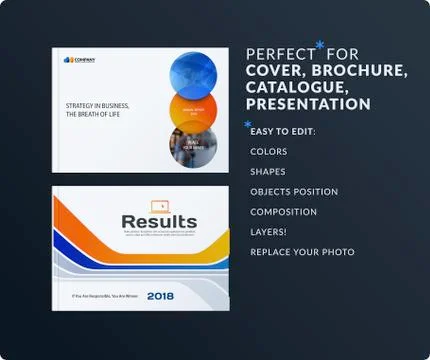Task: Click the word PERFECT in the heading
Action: pyautogui.click(x=277, y=55)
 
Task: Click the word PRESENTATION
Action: pyautogui.click(x=308, y=104)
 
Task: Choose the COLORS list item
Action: pyautogui.click(x=269, y=152)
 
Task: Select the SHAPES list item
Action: pyautogui.click(x=267, y=172)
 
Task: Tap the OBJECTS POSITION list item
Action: pyautogui.click(x=294, y=192)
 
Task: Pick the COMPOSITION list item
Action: pyautogui.click(x=283, y=212)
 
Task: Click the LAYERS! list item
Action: pyautogui.click(x=270, y=232)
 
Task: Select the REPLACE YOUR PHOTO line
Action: pyautogui.click(x=302, y=252)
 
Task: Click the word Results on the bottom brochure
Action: pyautogui.click(x=159, y=221)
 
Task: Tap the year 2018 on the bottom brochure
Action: pyautogui.click(x=160, y=295)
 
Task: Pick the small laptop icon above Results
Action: pyautogui.click(x=159, y=204)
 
